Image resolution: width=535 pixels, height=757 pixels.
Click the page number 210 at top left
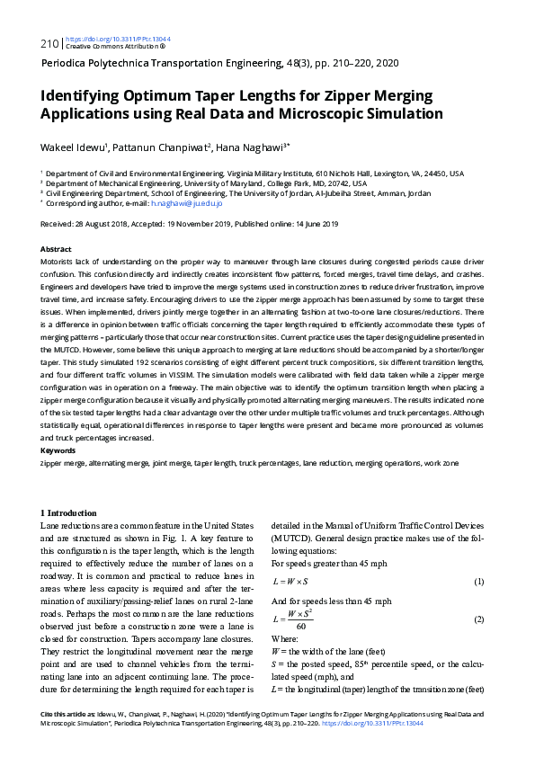tap(49, 42)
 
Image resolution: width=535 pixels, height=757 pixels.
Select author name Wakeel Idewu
tap(74, 147)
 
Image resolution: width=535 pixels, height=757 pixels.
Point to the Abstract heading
tap(56, 247)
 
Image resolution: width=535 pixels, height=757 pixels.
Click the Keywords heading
tap(58, 450)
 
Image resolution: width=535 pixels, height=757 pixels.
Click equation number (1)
tap(479, 581)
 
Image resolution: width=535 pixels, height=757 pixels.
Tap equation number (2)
tap(479, 619)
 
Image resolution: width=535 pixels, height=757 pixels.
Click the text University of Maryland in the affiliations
tap(213, 183)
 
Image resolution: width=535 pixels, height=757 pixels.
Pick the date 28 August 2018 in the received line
tap(103, 224)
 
